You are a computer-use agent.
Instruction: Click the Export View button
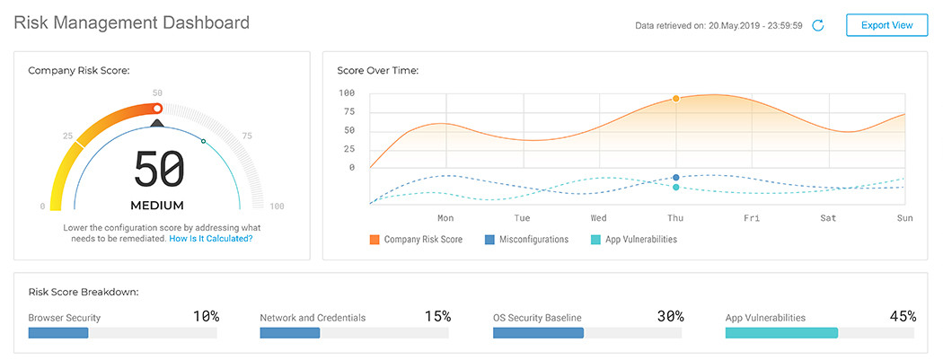886,25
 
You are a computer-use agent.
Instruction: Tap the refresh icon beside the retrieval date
818,25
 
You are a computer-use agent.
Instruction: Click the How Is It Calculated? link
211,239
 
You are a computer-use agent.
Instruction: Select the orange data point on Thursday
675,99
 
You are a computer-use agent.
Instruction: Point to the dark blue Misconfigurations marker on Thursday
675,178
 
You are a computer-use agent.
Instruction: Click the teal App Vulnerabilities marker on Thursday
675,187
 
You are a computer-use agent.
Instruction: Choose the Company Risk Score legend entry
416,240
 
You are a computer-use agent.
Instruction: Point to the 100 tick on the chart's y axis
347,93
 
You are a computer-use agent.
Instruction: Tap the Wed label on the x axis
598,217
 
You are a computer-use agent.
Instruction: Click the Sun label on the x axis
904,217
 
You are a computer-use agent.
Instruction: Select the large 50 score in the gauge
158,169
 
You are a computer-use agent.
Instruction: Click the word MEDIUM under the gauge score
157,205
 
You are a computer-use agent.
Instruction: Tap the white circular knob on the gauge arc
157,108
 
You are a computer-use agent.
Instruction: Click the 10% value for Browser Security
206,316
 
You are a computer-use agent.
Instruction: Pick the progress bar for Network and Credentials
355,333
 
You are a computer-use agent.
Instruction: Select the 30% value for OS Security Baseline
670,316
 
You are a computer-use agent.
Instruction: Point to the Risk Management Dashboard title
132,22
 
